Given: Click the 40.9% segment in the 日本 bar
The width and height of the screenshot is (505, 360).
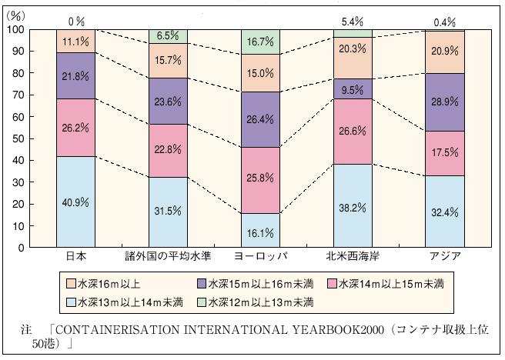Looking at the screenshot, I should coord(76,202).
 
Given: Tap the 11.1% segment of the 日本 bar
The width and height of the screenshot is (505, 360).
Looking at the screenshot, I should coord(76,42).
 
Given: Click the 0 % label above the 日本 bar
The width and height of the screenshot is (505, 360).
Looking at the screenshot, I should coord(75,21).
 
